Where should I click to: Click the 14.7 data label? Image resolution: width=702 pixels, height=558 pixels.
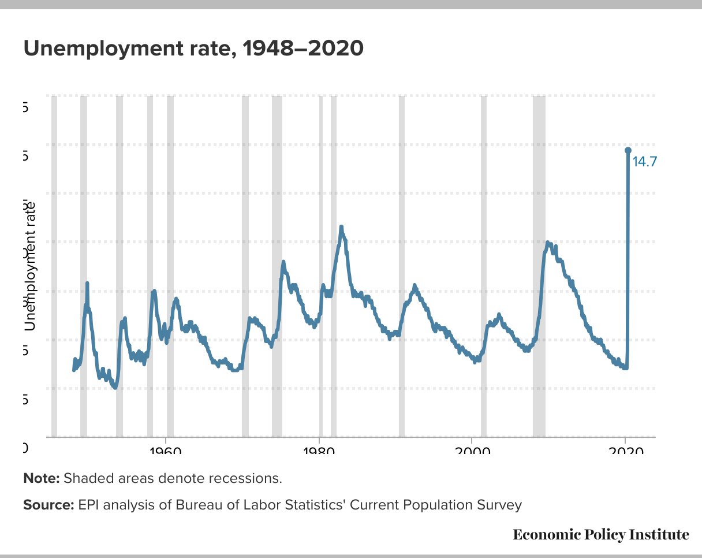tap(644, 162)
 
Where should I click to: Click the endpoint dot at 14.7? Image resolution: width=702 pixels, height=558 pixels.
tap(628, 151)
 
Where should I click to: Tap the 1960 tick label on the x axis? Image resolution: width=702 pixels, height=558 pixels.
tap(166, 449)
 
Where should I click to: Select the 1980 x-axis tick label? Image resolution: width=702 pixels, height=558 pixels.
tap(319, 449)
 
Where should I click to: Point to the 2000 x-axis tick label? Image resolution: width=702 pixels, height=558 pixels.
tap(473, 449)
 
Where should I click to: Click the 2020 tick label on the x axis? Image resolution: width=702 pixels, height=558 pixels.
tap(626, 449)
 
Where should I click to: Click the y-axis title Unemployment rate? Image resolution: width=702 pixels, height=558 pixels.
tap(30, 266)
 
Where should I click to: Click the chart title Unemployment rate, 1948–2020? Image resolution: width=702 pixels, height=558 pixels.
tap(193, 49)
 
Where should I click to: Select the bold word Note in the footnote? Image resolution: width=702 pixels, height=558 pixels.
tap(41, 479)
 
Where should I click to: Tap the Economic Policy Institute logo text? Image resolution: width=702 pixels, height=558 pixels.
tap(601, 534)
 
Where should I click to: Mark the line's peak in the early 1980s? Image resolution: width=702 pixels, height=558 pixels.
tap(341, 226)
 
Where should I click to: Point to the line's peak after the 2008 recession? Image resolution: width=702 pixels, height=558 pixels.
tap(547, 243)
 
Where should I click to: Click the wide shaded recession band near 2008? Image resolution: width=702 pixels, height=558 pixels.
tap(539, 266)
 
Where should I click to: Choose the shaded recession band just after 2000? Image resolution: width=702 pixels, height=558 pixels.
tap(484, 266)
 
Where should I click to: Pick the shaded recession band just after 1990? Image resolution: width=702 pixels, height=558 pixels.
tap(402, 266)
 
